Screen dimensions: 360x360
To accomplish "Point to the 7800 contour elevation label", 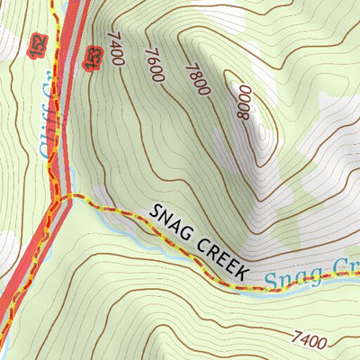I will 196,79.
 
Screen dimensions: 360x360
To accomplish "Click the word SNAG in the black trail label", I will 171,221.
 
